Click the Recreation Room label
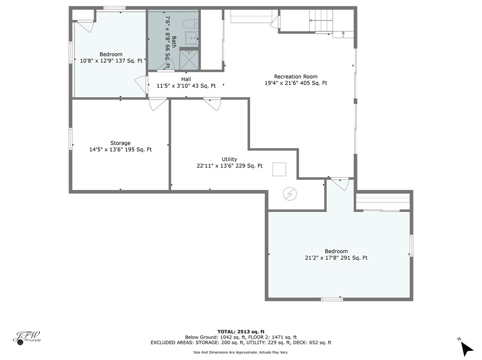296,80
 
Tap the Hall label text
186,83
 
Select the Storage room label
120,146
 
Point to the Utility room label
229,162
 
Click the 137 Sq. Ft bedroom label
111,57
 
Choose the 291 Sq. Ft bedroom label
336,255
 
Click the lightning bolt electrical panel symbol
289,193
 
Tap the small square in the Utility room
279,170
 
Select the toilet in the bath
191,23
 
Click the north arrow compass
466,348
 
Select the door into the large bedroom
340,183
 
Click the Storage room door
158,104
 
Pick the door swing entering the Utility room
212,104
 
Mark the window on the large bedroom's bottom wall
332,299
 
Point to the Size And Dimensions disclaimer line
241,352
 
